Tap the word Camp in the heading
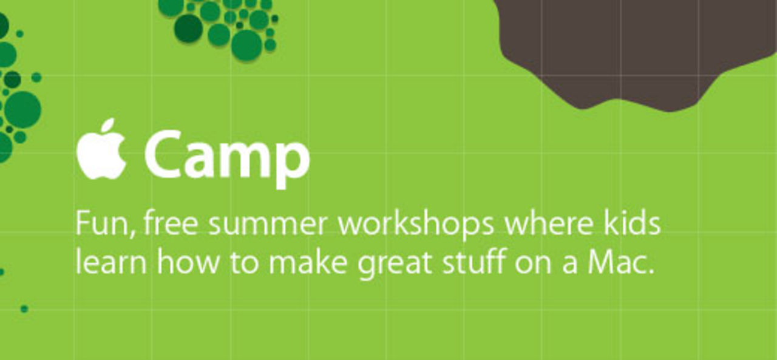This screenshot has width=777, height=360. click(x=227, y=158)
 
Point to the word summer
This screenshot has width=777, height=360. click(x=268, y=226)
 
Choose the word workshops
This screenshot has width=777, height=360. click(x=416, y=224)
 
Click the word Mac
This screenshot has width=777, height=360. click(x=621, y=261)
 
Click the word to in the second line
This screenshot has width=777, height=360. click(x=245, y=262)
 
